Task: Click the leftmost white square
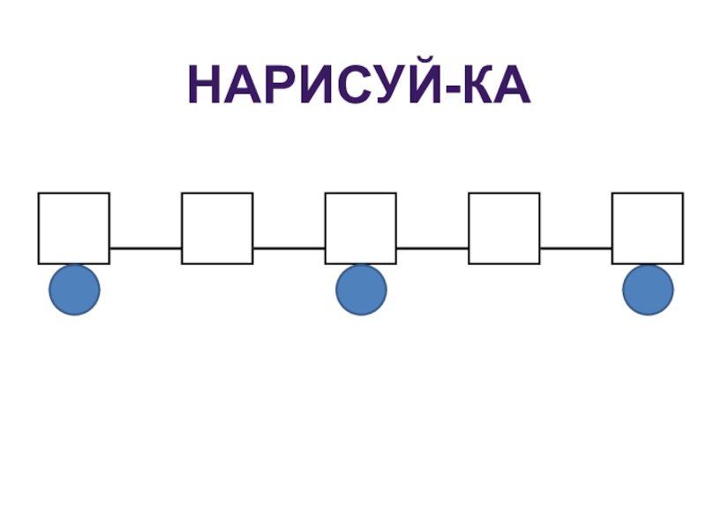click(74, 228)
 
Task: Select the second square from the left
click(217, 228)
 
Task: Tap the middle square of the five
click(360, 228)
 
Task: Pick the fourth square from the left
click(504, 228)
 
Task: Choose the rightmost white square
click(647, 228)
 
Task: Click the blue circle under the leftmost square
click(74, 290)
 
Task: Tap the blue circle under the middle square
click(361, 290)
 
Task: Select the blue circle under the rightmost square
click(648, 290)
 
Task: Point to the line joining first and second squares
click(146, 248)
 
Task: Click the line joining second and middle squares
click(289, 248)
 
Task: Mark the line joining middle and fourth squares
click(432, 248)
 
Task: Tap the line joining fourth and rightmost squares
click(575, 248)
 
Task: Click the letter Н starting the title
click(204, 87)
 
